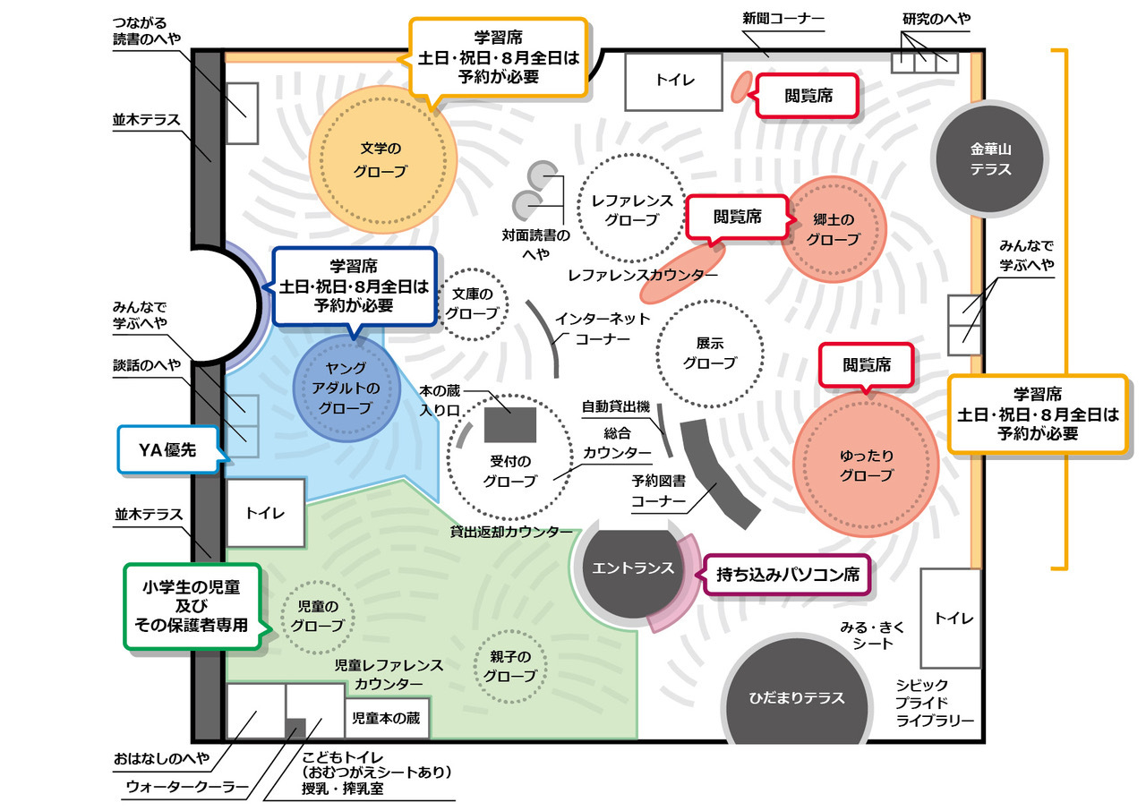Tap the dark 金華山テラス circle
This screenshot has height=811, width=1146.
989,158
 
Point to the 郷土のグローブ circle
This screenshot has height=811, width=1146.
833,230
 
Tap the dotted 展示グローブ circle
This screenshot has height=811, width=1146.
709,353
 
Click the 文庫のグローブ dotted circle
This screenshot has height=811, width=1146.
472,303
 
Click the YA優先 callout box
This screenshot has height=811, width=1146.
170,451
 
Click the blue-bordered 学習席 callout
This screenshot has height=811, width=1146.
355,286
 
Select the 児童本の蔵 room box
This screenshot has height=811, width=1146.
386,717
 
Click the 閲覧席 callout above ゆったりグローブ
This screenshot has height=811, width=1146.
866,365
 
